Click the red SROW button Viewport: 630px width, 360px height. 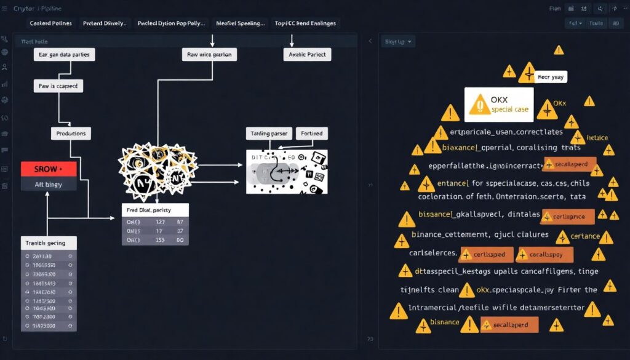[49, 169]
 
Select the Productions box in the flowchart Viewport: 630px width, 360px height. [71, 133]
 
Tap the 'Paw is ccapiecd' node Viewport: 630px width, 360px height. [58, 86]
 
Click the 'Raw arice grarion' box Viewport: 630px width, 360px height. [209, 55]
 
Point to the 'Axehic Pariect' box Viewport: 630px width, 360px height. [307, 55]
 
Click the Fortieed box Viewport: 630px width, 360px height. [312, 133]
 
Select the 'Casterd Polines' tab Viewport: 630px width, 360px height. [50, 23]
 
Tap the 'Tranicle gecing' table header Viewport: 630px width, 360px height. [49, 242]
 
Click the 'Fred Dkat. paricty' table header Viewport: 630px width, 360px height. [154, 210]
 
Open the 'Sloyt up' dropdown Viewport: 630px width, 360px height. [399, 42]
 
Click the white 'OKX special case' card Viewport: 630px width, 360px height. [499, 104]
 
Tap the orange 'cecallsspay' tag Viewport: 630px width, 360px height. [544, 254]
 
